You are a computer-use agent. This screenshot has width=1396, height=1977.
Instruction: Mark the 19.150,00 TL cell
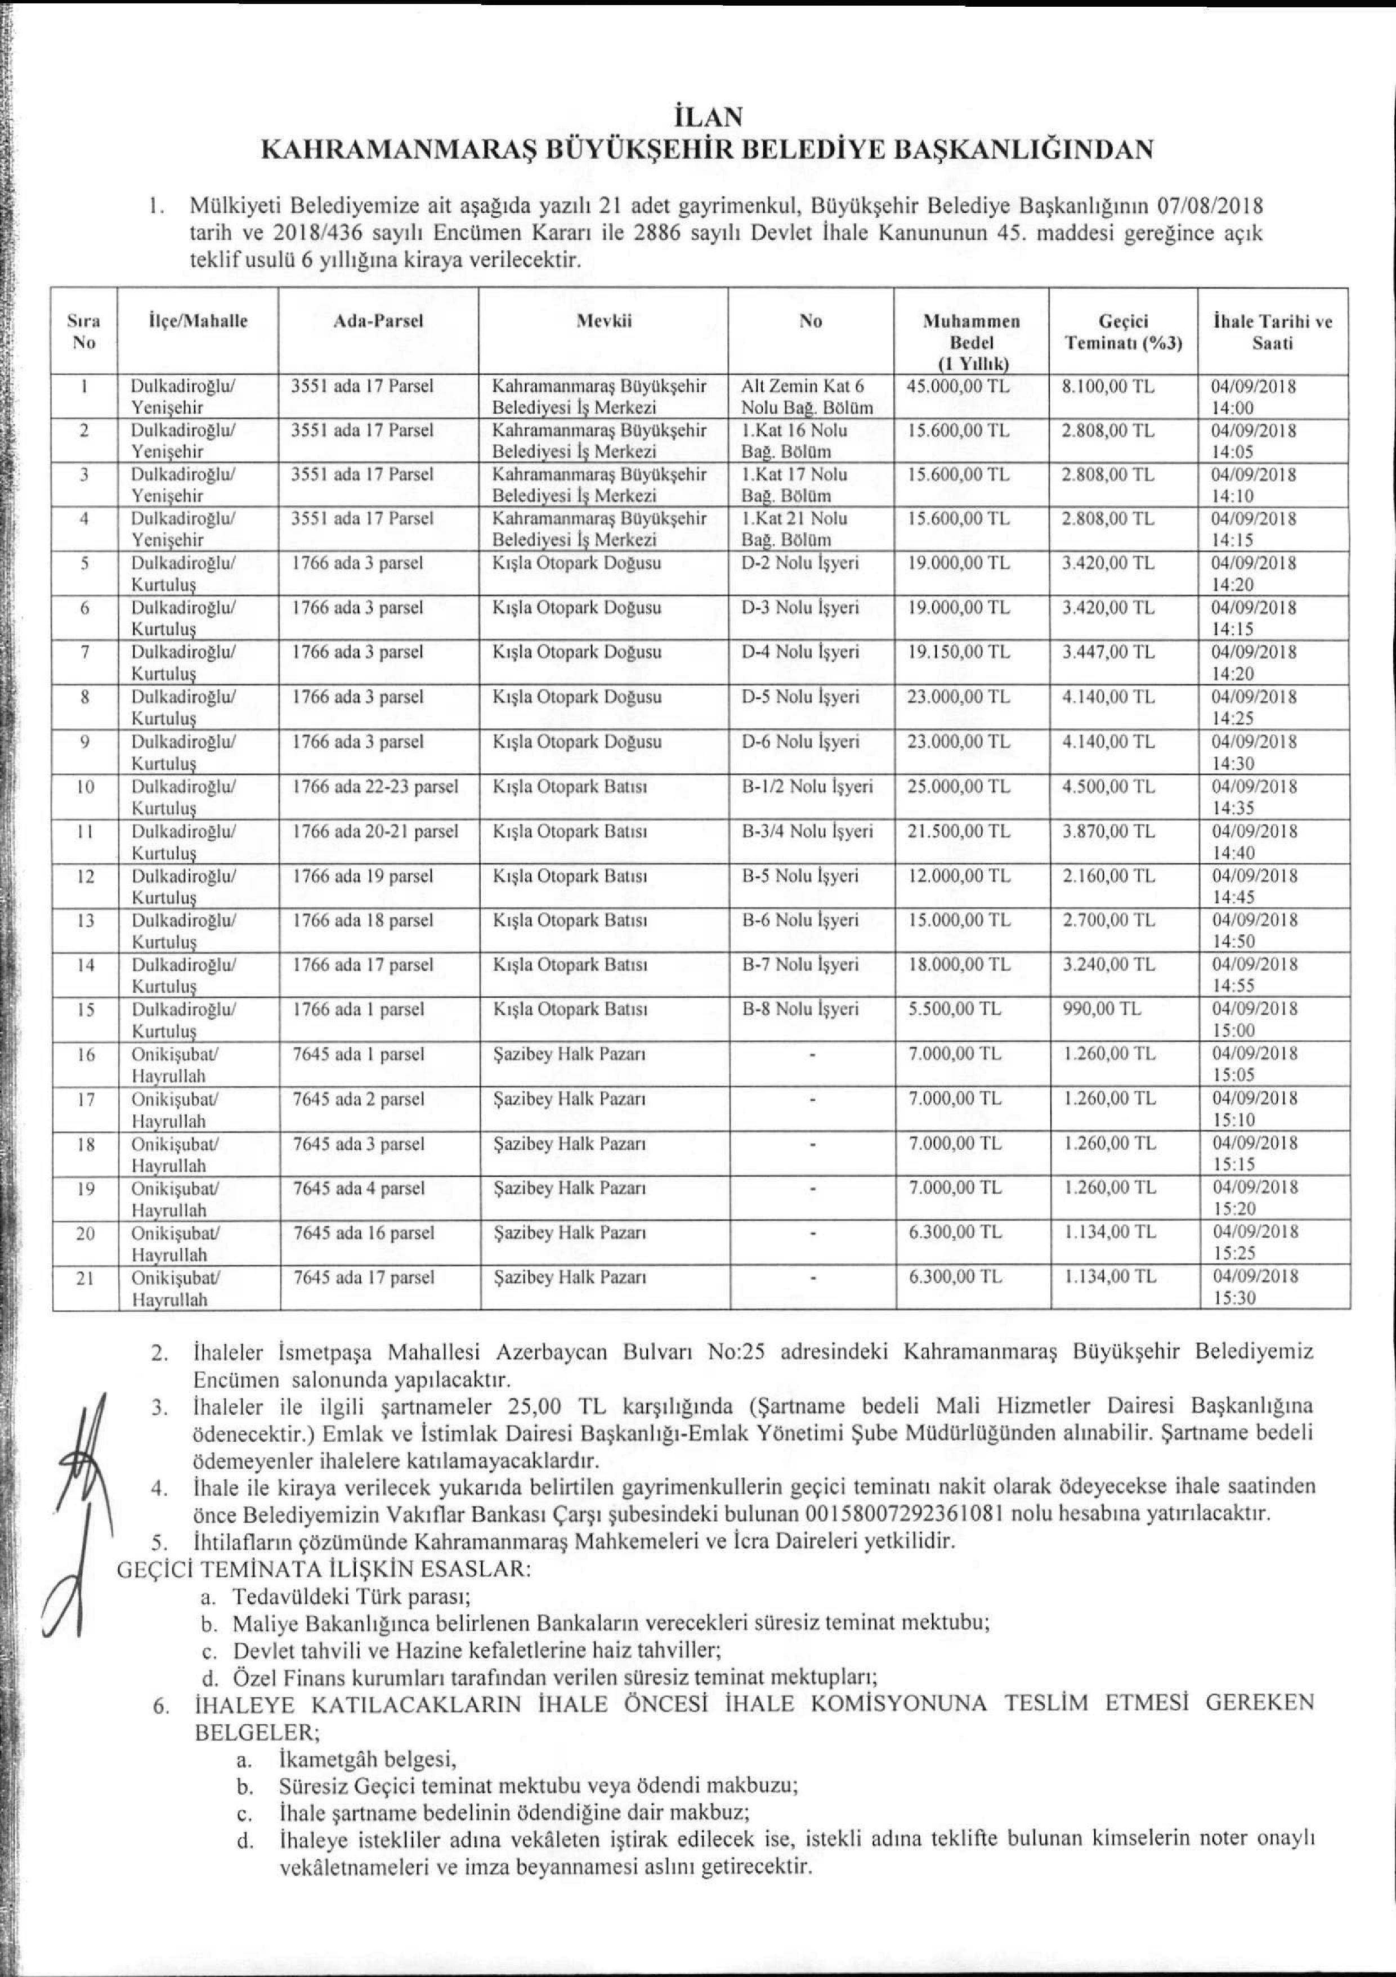[959, 653]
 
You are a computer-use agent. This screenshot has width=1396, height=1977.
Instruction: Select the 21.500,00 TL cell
[959, 832]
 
